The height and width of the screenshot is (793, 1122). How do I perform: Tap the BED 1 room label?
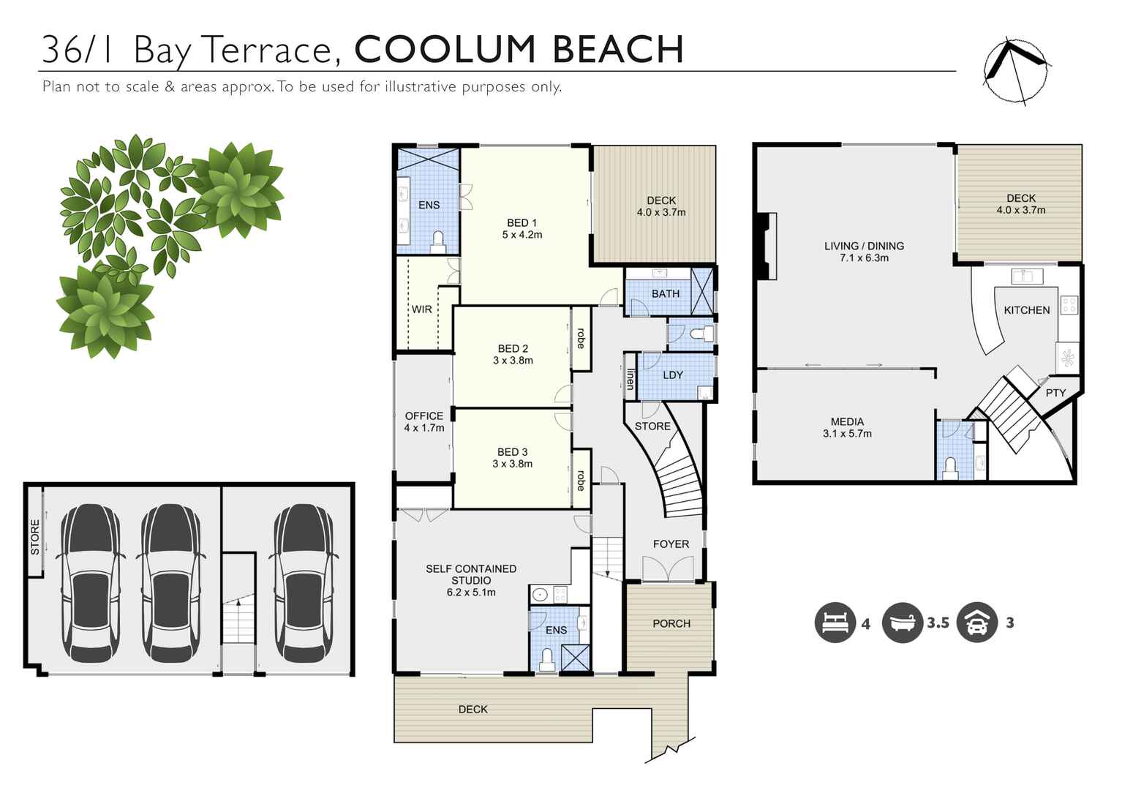pyautogui.click(x=522, y=223)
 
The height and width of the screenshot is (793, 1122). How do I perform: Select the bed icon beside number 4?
pyautogui.click(x=835, y=623)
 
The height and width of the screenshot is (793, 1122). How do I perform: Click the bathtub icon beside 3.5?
pyautogui.click(x=902, y=623)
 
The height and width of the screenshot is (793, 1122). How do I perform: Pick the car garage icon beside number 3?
pyautogui.click(x=976, y=623)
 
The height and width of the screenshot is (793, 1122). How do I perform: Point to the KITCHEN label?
pyautogui.click(x=1026, y=310)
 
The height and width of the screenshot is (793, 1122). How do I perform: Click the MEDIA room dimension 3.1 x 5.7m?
pyautogui.click(x=847, y=434)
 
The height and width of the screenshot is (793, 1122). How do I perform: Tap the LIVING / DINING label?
pyautogui.click(x=864, y=246)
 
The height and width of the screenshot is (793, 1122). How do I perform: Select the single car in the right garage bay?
pyautogui.click(x=304, y=583)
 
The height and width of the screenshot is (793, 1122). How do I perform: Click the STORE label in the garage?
pyautogui.click(x=35, y=537)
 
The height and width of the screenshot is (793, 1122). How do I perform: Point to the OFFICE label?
pyautogui.click(x=423, y=416)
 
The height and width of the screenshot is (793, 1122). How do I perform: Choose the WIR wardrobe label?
pyautogui.click(x=421, y=309)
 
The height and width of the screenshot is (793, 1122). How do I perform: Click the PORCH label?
pyautogui.click(x=671, y=623)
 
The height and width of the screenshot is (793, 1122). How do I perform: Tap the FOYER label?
pyautogui.click(x=671, y=544)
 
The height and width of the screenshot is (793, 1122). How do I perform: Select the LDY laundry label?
pyautogui.click(x=672, y=375)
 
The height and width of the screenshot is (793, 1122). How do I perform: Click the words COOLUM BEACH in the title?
pyautogui.click(x=519, y=50)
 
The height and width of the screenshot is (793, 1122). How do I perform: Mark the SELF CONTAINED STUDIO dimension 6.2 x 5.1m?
pyautogui.click(x=471, y=593)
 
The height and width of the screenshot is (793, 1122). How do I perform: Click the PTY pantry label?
pyautogui.click(x=1055, y=393)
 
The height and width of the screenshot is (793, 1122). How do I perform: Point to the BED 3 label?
pyautogui.click(x=512, y=452)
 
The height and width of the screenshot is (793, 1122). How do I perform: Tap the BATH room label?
pyautogui.click(x=665, y=293)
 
